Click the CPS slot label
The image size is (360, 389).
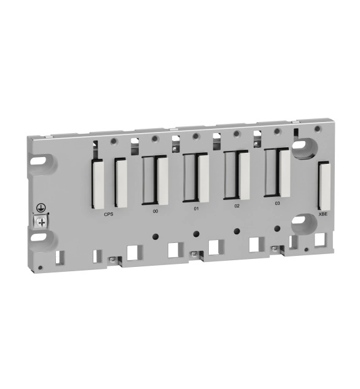[109, 214]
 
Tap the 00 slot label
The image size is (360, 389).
[155, 211]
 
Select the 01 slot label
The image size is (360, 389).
[196, 209]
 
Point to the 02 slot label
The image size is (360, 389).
[237, 206]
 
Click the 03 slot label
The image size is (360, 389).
[278, 204]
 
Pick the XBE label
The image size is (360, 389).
[323, 214]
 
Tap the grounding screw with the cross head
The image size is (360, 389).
[42, 223]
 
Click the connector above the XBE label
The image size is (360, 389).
[324, 185]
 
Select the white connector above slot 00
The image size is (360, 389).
[162, 181]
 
